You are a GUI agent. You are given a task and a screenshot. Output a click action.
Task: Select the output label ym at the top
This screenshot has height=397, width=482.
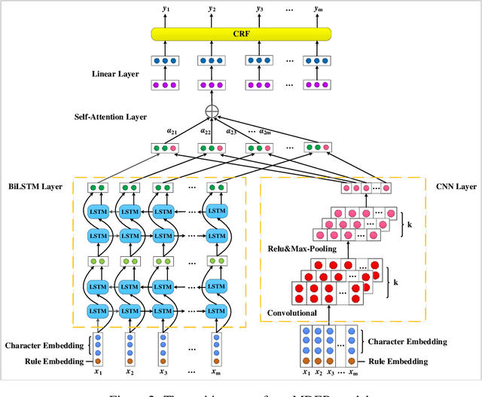(x=316, y=8)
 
